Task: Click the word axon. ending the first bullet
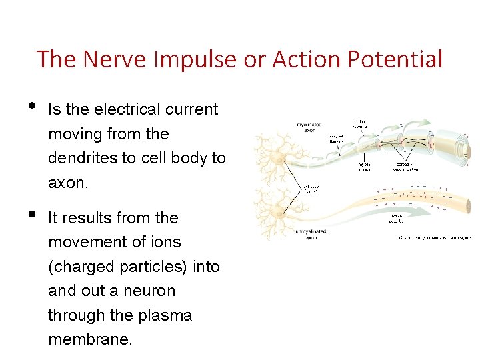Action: click(x=67, y=182)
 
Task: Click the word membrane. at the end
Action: click(x=91, y=339)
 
